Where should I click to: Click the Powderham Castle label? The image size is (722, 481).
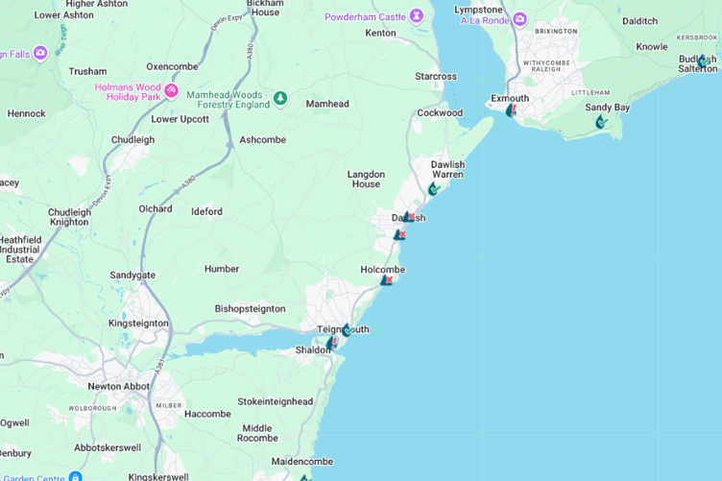pyautogui.click(x=365, y=16)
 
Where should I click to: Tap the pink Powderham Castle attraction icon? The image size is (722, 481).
pyautogui.click(x=417, y=16)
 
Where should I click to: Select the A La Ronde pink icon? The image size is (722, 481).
pyautogui.click(x=519, y=18)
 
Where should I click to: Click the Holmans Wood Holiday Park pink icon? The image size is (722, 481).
pyautogui.click(x=172, y=91)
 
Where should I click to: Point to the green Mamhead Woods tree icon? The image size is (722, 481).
pyautogui.click(x=280, y=98)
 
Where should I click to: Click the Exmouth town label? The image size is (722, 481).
pyautogui.click(x=510, y=98)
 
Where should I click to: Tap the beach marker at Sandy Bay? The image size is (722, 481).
pyautogui.click(x=601, y=122)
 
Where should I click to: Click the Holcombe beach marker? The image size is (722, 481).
pyautogui.click(x=386, y=280)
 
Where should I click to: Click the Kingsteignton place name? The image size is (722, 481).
pyautogui.click(x=138, y=324)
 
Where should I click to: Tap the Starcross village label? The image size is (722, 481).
pyautogui.click(x=436, y=76)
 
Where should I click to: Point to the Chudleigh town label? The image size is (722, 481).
pyautogui.click(x=132, y=139)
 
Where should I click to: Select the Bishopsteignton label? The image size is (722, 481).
pyautogui.click(x=250, y=309)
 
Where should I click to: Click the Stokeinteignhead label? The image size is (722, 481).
pyautogui.click(x=275, y=401)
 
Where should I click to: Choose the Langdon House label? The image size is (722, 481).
pyautogui.click(x=366, y=179)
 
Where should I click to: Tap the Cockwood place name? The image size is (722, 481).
pyautogui.click(x=440, y=112)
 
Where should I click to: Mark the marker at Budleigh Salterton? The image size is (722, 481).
pyautogui.click(x=703, y=60)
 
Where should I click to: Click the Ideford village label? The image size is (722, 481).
pyautogui.click(x=206, y=211)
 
